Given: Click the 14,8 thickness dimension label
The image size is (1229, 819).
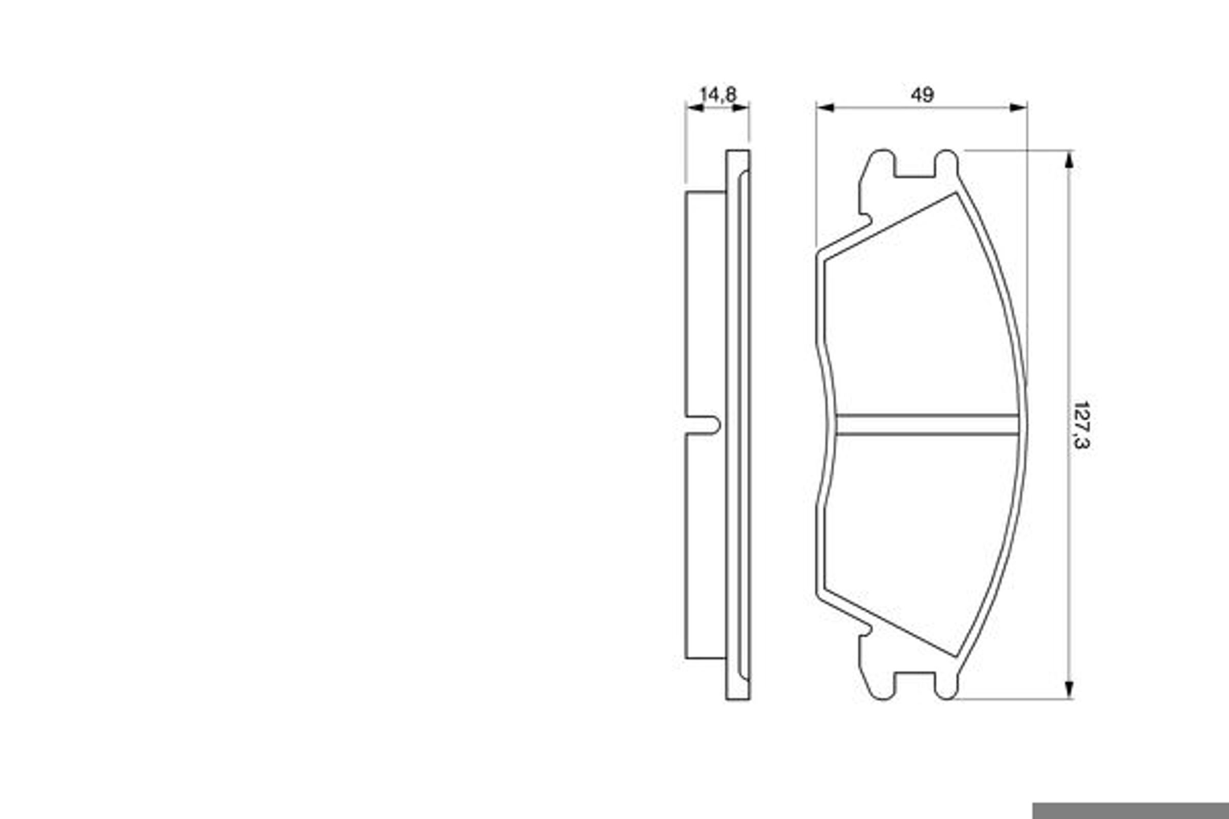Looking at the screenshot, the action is click(718, 95).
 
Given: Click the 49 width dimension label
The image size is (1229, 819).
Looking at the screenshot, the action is click(922, 95).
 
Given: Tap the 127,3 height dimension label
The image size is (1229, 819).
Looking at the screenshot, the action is click(1080, 425).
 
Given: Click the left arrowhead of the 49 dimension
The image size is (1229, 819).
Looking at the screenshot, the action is click(824, 107).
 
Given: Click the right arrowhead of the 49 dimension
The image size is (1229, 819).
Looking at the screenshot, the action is click(1019, 107).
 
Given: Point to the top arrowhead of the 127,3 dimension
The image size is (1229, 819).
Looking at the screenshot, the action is click(1069, 159).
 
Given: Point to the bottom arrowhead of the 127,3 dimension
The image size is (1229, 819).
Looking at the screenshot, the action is click(1069, 690).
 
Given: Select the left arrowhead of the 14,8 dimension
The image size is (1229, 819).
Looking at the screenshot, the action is click(694, 107).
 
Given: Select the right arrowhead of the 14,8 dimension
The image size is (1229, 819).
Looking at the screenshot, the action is click(740, 107).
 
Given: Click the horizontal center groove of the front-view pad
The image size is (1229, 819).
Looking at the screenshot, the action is click(927, 425).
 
